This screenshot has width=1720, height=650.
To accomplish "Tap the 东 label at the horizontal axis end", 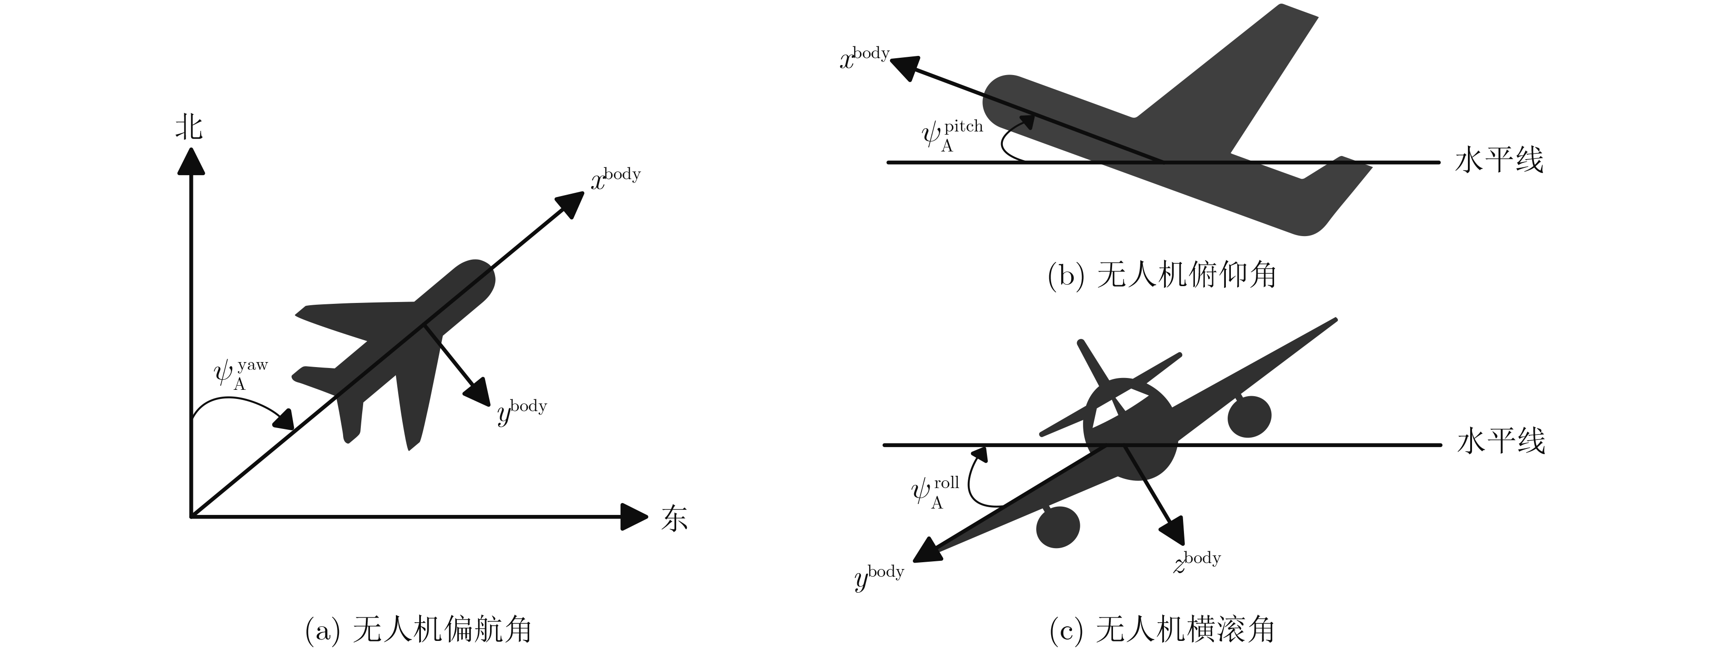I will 674,518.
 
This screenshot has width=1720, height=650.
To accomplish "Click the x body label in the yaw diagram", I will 615,179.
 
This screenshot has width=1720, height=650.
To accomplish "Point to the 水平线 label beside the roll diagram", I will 1501,442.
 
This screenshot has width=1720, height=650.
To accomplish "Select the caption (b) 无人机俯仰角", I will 1162,275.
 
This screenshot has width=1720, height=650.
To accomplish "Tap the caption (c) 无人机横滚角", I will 1162,630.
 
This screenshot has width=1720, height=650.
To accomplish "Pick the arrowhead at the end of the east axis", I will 633,517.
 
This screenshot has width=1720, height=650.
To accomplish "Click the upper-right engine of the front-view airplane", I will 1249,416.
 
